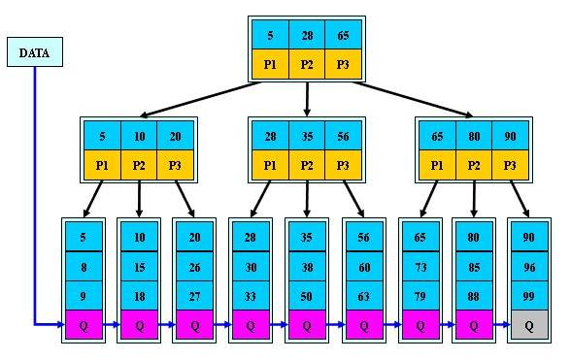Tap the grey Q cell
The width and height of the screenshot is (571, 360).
528,326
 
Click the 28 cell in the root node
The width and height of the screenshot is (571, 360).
307,35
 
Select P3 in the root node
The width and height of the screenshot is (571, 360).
344,64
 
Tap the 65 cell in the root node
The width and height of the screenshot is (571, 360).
344,35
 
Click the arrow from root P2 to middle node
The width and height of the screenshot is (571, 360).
307,98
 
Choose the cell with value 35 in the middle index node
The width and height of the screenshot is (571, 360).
307,137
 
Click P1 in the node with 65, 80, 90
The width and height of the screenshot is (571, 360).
436,166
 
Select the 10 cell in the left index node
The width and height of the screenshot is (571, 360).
139,137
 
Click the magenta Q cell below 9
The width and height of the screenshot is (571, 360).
82,326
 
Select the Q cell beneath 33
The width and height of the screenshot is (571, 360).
251,326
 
